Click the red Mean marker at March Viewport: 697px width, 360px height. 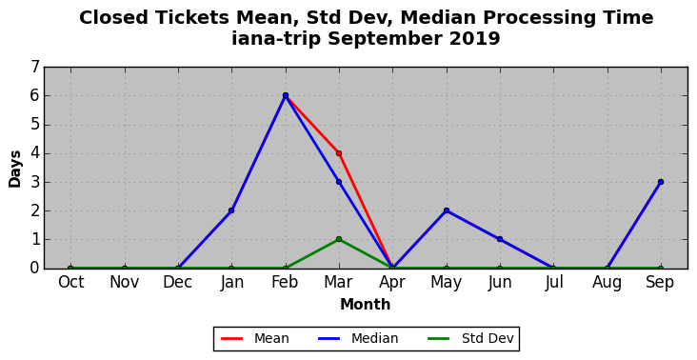tap(339, 153)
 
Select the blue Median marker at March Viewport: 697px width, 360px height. tap(339, 182)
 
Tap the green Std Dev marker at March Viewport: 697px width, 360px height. tap(339, 239)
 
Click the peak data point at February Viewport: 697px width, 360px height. tap(286, 95)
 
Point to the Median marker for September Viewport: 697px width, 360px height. tap(661, 182)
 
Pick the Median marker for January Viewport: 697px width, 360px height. tap(231, 210)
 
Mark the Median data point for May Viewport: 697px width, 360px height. tap(447, 210)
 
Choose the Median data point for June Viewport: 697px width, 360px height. tap(500, 239)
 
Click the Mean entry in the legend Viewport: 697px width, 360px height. tap(255, 339)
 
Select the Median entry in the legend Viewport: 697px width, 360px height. tap(358, 339)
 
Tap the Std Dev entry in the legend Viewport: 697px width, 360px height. tap(470, 339)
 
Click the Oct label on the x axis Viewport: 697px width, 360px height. tap(71, 282)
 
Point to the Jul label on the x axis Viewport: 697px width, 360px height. tap(554, 283)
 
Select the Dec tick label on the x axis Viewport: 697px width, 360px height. tap(178, 282)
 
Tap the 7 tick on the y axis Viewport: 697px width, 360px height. tap(35, 67)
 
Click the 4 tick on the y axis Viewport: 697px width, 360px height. tap(35, 153)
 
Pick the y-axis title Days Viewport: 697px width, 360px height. tap(14, 169)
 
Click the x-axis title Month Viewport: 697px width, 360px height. tap(366, 305)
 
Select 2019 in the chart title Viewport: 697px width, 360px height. tap(475, 39)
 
